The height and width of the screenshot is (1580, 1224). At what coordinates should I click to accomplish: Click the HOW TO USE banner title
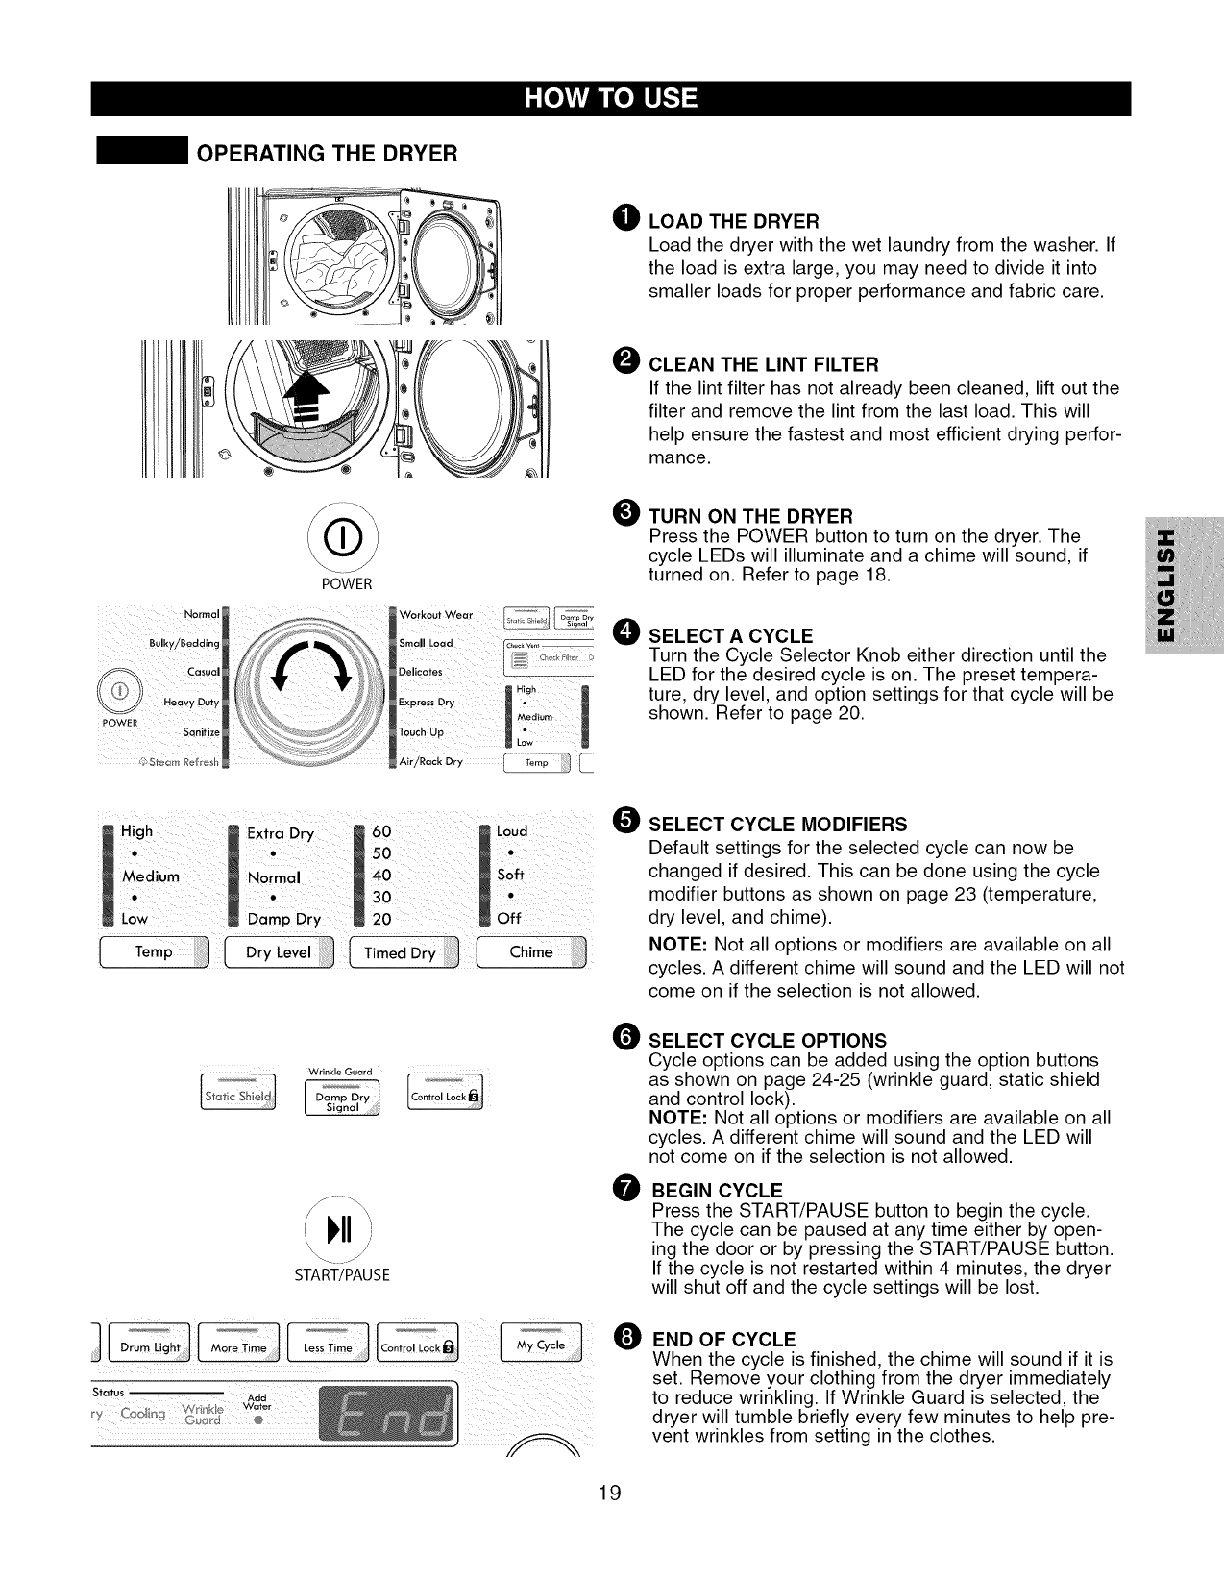coord(611,100)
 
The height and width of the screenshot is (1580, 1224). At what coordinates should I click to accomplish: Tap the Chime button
coord(531,952)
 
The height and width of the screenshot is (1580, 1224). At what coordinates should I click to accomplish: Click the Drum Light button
coord(150,1347)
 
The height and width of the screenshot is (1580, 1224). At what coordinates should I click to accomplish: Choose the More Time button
coord(238,1347)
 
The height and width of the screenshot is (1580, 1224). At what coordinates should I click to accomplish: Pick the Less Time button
coord(328,1347)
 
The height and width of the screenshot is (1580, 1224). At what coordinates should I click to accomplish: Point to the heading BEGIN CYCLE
coord(717,1191)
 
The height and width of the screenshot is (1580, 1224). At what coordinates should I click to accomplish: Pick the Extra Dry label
coord(281,833)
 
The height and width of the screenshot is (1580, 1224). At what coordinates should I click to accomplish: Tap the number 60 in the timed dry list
coord(381,832)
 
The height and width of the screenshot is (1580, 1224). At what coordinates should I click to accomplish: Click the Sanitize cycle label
coord(201,732)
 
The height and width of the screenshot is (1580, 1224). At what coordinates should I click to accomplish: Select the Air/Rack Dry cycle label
coord(430,762)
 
